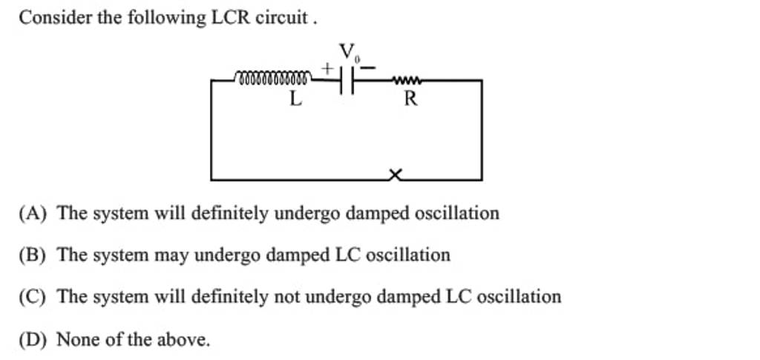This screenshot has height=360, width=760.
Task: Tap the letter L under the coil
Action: (x=295, y=99)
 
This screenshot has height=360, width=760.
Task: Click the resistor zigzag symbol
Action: (x=407, y=79)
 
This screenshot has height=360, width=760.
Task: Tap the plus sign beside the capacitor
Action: (x=327, y=68)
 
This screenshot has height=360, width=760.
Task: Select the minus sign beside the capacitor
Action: (x=369, y=68)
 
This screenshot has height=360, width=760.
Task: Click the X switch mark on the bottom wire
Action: (x=396, y=175)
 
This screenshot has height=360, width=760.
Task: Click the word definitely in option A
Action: (x=230, y=214)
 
